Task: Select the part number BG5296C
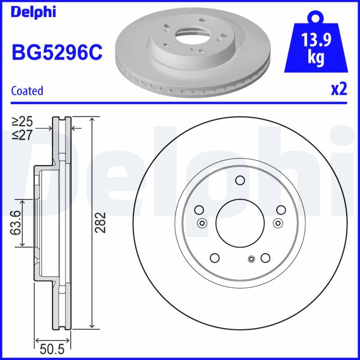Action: pos(57,53)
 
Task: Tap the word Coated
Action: pos(27,91)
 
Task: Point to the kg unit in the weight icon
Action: pos(316,58)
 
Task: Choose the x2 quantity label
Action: pos(339,90)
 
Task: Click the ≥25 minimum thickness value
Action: pos(22,121)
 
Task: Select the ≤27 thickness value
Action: pos(22,134)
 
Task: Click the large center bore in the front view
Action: pos(240,222)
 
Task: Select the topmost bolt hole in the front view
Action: pos(240,181)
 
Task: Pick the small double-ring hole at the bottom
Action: pos(252,258)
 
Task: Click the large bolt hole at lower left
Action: pos(215,257)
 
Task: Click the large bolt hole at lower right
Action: pos(265,257)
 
